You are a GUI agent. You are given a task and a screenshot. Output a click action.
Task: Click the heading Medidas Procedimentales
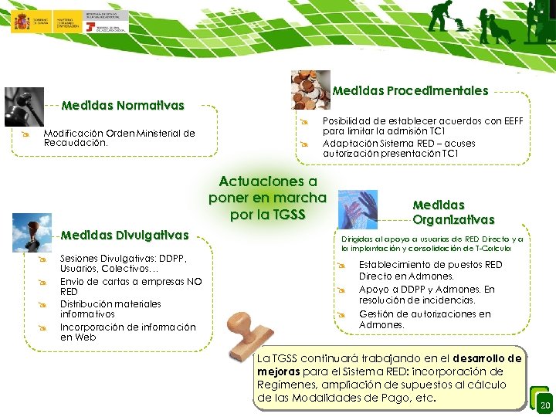(x=410, y=90)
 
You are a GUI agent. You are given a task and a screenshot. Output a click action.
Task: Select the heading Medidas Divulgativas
(x=124, y=235)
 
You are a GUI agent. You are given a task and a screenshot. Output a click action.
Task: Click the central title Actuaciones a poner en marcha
(x=268, y=197)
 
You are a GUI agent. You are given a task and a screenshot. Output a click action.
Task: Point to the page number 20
(x=545, y=406)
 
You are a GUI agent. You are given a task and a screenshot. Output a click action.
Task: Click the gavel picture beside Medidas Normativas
(x=24, y=106)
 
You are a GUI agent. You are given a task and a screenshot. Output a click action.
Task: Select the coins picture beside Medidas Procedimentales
(x=310, y=90)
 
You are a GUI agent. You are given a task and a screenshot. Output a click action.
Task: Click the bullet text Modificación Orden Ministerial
(x=119, y=137)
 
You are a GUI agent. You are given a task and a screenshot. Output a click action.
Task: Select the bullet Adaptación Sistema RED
(x=398, y=148)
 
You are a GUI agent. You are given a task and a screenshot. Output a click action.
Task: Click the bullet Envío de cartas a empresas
(x=131, y=286)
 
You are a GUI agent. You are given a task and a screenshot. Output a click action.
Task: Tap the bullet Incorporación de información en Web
(x=127, y=332)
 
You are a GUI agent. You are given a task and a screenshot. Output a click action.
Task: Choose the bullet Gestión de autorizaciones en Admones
(x=424, y=319)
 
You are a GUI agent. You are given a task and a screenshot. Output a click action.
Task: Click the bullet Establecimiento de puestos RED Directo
(x=429, y=270)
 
